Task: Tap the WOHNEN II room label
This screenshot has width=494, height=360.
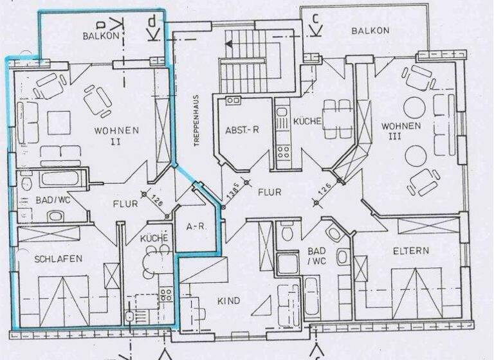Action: point(116,135)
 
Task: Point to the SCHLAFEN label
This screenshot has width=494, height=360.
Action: point(59,258)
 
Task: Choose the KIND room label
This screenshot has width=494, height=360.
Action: point(228,301)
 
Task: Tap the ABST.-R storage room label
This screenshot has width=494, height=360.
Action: point(242,129)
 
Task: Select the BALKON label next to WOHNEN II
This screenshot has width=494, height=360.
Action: point(101,36)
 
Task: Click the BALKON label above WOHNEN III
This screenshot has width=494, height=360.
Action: point(370,30)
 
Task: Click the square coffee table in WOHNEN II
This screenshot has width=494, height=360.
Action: point(58,122)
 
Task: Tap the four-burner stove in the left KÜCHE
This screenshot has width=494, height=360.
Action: point(165,295)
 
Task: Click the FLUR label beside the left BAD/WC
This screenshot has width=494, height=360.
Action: point(125,204)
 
